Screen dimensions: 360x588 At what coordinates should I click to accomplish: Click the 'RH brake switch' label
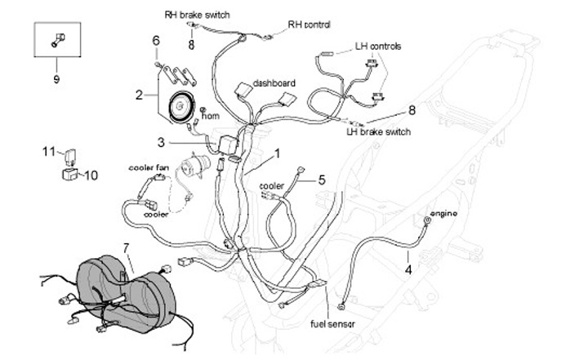coord(197,15)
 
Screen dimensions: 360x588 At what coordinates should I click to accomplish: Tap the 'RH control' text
coord(310,24)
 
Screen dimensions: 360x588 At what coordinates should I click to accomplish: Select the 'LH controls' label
coord(378,47)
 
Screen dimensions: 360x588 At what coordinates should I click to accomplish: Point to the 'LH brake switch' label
coord(378,131)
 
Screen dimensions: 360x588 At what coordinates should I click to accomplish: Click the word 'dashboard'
coord(274,83)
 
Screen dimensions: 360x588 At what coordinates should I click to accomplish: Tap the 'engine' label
coord(443,213)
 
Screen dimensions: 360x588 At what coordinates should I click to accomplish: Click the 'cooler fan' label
coord(149,168)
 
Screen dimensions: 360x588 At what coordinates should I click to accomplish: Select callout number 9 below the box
coord(56,79)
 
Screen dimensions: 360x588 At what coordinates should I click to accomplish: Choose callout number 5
coord(321,180)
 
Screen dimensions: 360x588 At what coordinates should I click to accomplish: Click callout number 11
coord(48,151)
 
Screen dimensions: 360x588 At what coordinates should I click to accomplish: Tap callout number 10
coord(90,175)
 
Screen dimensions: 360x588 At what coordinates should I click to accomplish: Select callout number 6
coord(156,41)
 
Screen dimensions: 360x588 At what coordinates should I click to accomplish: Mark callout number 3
coord(162,142)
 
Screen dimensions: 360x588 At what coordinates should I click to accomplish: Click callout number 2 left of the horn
coord(139,95)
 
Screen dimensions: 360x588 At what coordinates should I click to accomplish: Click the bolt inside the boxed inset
coord(56,38)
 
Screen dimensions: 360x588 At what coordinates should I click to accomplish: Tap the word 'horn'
coord(210,116)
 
